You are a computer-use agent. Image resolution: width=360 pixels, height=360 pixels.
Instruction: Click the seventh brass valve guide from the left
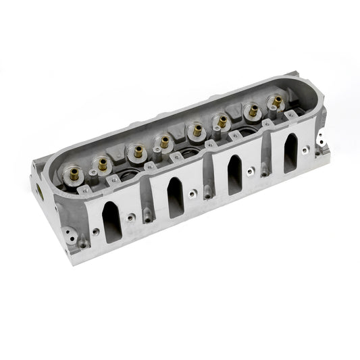[253, 108]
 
